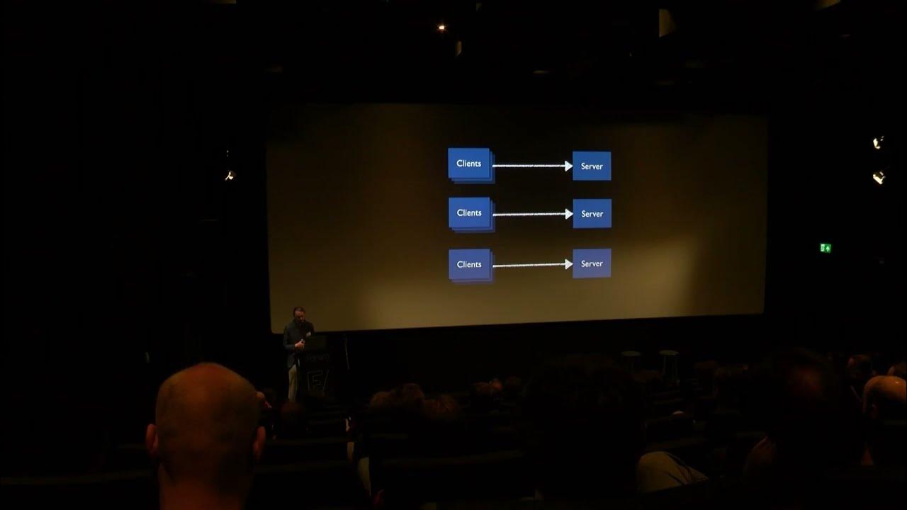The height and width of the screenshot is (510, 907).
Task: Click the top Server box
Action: click(592, 166)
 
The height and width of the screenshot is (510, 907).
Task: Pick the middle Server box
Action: click(592, 213)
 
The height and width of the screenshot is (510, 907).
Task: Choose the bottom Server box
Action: click(592, 263)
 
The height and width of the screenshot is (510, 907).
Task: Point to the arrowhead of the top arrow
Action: click(568, 166)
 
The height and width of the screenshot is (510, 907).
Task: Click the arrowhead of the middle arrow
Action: click(568, 214)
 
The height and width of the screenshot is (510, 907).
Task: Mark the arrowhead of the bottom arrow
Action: click(568, 264)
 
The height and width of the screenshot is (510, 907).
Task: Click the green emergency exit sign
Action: click(826, 248)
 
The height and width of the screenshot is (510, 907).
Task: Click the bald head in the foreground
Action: click(205, 425)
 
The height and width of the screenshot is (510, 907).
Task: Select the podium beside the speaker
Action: click(313, 368)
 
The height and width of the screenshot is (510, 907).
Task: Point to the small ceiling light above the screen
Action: click(441, 28)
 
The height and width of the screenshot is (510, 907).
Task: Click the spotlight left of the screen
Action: click(229, 175)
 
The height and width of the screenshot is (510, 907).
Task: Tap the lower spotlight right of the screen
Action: click(879, 177)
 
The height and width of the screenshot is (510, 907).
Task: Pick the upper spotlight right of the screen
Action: click(878, 142)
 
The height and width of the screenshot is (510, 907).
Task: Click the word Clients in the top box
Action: click(469, 164)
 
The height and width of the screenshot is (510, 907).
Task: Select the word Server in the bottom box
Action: click(592, 263)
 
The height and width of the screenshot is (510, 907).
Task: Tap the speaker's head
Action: click(299, 313)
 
